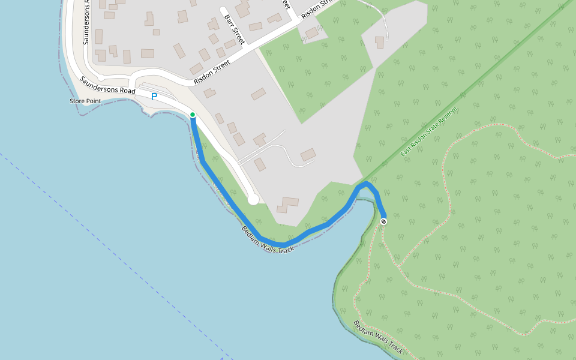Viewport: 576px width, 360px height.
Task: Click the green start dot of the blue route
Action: (192, 115)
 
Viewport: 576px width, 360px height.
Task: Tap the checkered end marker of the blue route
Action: (383, 221)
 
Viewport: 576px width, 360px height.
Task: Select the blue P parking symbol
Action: (154, 97)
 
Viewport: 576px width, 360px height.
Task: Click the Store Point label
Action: (85, 101)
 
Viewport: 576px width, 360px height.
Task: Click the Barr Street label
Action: (235, 28)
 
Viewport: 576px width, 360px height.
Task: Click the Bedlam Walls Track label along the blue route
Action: (268, 239)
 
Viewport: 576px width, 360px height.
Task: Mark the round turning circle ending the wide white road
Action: (253, 199)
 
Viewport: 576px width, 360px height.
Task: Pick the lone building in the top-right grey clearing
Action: (379, 42)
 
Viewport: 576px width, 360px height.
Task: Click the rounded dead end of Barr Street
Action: (223, 10)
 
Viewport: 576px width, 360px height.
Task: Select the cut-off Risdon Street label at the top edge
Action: (316, 8)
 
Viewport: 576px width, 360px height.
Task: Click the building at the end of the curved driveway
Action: (308, 155)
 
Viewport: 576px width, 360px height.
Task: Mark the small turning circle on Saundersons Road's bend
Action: (101, 77)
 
